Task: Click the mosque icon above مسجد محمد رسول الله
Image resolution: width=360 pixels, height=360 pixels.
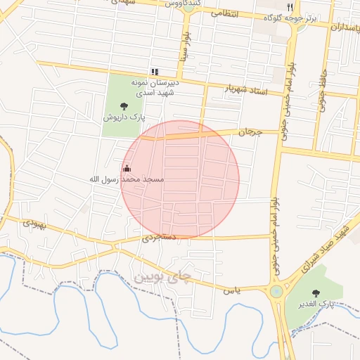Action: click(127, 168)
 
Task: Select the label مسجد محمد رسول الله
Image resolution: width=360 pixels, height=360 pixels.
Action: click(126, 180)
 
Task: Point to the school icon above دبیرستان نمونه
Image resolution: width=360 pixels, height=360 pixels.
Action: click(155, 72)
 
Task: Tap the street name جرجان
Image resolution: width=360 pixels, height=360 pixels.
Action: click(249, 131)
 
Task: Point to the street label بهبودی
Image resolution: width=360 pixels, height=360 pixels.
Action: click(32, 224)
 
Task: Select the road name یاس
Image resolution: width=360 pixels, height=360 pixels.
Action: click(232, 289)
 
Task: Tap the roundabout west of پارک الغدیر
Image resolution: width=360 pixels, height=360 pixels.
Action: click(276, 291)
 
